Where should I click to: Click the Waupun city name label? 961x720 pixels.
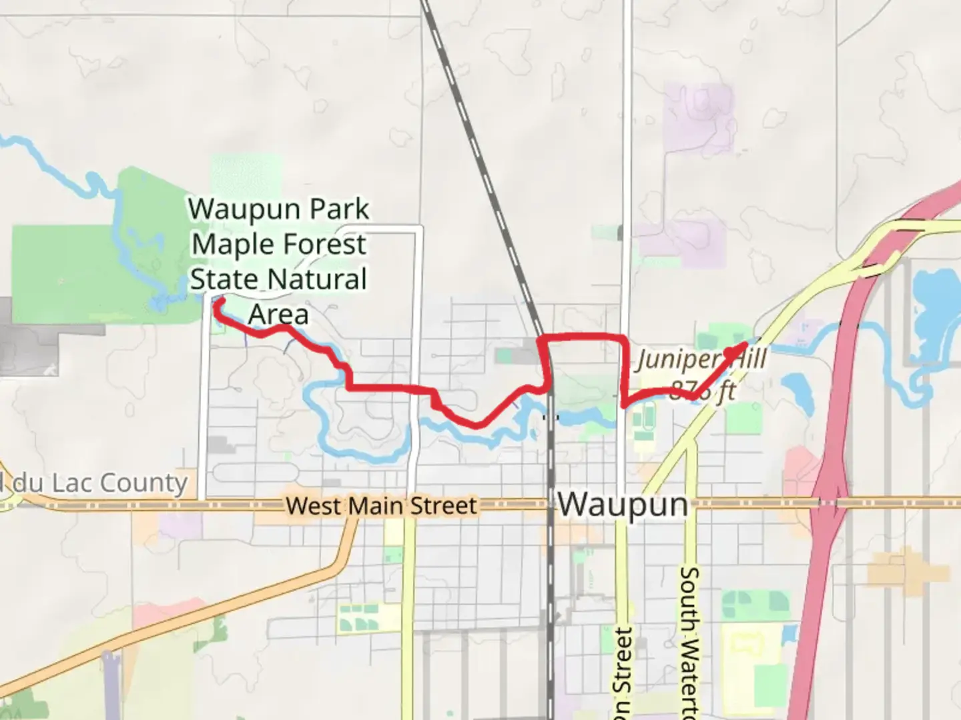coord(623,504)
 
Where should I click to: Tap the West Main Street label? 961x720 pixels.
coord(382,506)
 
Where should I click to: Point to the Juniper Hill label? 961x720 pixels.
coord(701,361)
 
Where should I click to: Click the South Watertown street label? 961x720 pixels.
coord(690,640)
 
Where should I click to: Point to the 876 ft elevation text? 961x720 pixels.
coord(701,391)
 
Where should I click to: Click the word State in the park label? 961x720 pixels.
coord(222,279)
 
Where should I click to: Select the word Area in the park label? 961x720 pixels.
coord(278,314)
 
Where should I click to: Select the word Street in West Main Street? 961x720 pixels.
coord(444,506)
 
